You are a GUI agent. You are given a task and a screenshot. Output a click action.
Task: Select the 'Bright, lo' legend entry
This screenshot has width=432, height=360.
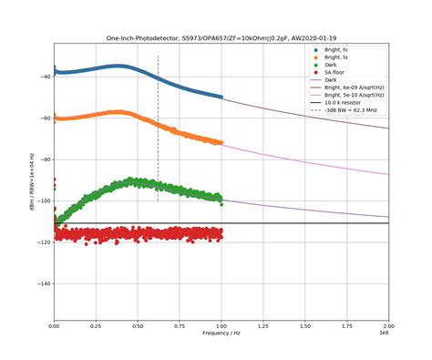(x=337, y=57)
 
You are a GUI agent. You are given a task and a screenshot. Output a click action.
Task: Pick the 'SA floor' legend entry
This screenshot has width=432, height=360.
(x=335, y=73)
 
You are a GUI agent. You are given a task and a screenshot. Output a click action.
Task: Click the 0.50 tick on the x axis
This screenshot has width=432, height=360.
(x=138, y=325)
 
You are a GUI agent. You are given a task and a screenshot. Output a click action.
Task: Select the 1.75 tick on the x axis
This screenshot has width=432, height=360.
(x=347, y=325)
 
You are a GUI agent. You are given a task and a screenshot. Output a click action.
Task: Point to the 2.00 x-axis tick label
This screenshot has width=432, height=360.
(x=389, y=325)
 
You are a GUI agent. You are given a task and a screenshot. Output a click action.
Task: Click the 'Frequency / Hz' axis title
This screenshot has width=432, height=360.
(x=221, y=334)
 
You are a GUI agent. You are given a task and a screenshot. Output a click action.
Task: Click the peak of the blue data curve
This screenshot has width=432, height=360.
(x=119, y=66)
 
